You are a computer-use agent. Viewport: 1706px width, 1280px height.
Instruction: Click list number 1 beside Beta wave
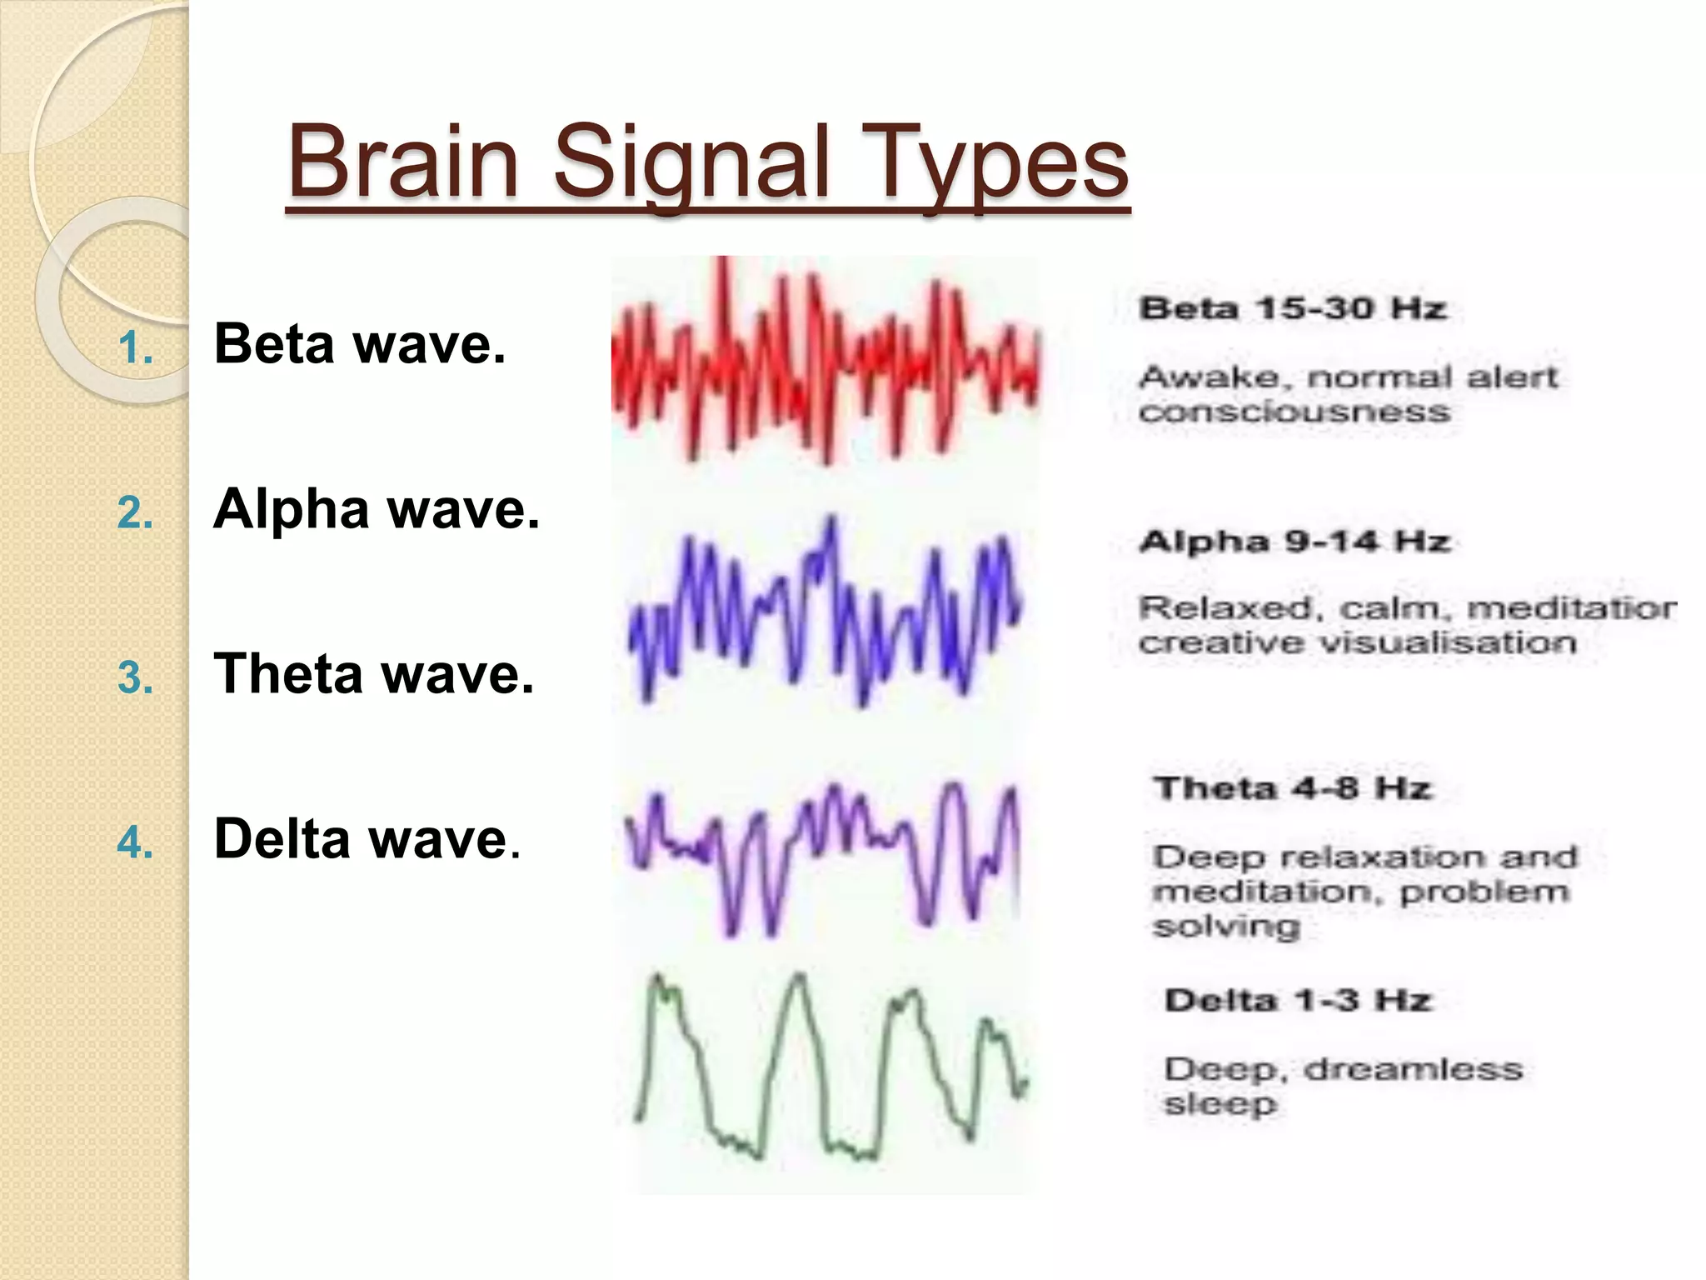(x=135, y=347)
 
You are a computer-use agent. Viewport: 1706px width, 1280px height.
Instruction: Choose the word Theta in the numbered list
(x=288, y=673)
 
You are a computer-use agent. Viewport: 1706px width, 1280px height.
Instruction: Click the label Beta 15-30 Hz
(x=1292, y=308)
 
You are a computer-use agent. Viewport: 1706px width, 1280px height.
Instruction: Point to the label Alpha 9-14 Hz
(x=1294, y=542)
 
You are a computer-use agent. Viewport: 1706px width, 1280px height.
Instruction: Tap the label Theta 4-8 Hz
(x=1292, y=787)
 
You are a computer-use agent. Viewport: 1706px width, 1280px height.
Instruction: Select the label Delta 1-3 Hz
(x=1297, y=999)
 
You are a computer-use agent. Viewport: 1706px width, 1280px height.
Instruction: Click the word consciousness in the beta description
(x=1294, y=412)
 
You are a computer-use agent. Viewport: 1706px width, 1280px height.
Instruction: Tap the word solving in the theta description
(x=1225, y=927)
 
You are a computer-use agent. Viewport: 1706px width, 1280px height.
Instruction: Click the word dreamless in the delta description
(x=1413, y=1069)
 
